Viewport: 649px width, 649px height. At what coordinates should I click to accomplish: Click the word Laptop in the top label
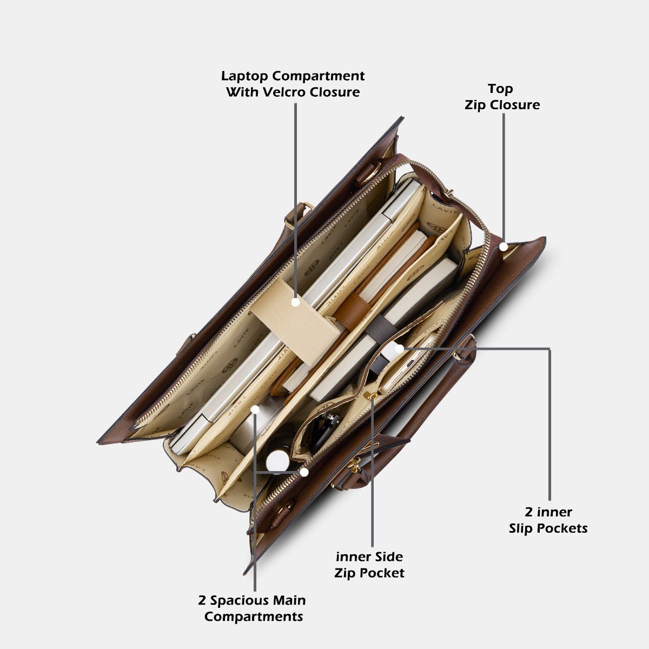[245, 76]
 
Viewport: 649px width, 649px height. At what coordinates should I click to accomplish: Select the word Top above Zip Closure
[500, 89]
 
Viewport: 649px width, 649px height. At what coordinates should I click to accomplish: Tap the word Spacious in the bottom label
[241, 600]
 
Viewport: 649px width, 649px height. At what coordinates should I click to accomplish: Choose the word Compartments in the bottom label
[254, 617]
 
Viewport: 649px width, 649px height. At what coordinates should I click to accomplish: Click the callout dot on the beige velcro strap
[296, 302]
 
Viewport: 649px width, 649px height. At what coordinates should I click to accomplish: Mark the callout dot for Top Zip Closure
[504, 247]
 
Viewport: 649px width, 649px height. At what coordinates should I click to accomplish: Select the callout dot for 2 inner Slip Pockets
[400, 349]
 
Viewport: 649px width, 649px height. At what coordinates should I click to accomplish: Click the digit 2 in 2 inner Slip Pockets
[529, 513]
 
